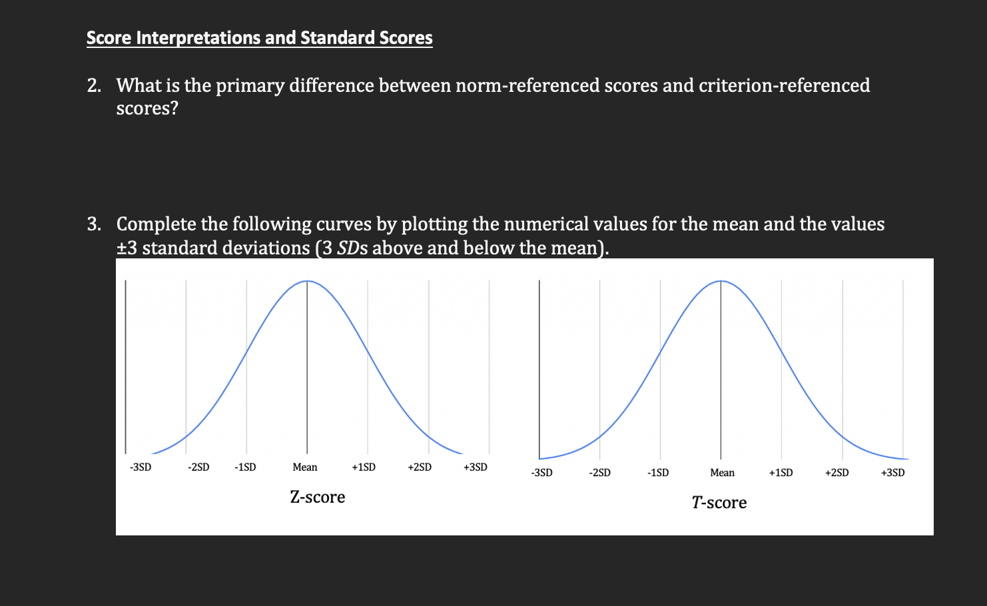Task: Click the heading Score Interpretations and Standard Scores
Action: pyautogui.click(x=259, y=38)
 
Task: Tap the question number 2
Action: pyautogui.click(x=94, y=86)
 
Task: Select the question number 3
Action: pyautogui.click(x=94, y=224)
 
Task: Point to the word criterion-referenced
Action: pyautogui.click(x=784, y=86)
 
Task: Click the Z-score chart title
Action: pyautogui.click(x=318, y=497)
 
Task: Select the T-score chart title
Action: pyautogui.click(x=719, y=503)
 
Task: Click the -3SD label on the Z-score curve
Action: pyautogui.click(x=141, y=467)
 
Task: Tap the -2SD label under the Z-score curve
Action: pyautogui.click(x=198, y=467)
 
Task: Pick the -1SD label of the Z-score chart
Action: pyautogui.click(x=245, y=467)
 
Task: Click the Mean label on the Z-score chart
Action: pyautogui.click(x=305, y=467)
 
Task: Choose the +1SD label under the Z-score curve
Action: pyautogui.click(x=364, y=467)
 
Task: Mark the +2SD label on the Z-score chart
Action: pyautogui.click(x=420, y=467)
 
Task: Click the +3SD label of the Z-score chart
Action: pyautogui.click(x=476, y=467)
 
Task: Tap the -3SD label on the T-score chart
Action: pyautogui.click(x=541, y=473)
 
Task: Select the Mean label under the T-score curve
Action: pyautogui.click(x=722, y=473)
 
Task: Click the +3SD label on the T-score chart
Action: pyautogui.click(x=893, y=473)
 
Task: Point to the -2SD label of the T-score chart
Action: pyautogui.click(x=600, y=473)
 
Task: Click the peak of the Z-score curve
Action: pyautogui.click(x=307, y=281)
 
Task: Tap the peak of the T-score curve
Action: pyautogui.click(x=721, y=281)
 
